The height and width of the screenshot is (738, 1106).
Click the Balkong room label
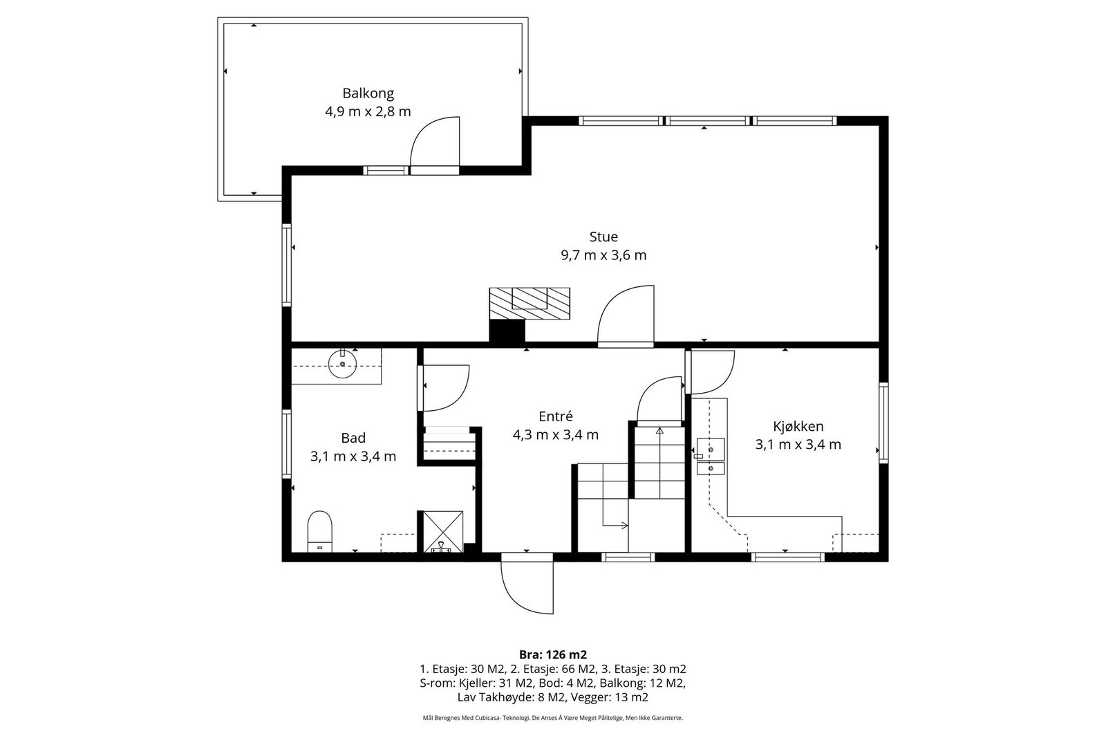coord(368,93)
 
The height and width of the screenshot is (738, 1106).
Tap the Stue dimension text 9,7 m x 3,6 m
coord(603,255)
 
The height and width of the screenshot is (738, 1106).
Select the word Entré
coord(556,416)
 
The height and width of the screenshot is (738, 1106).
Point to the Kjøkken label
coord(798,426)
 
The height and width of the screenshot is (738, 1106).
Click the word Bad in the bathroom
coord(353,438)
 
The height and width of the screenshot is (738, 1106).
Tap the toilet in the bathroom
coord(320,531)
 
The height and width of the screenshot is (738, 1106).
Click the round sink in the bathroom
coord(343,364)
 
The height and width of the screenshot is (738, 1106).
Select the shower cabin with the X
coord(440,531)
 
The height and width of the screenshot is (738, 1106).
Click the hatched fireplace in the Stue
coord(529,304)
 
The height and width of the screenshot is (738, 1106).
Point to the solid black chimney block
coord(507,331)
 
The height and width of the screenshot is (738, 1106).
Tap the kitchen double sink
coord(711,456)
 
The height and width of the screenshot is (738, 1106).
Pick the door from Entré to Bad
coord(443,388)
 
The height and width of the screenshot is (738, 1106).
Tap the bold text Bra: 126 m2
coord(553,655)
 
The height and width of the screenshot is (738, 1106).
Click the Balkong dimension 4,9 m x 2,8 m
coord(368,111)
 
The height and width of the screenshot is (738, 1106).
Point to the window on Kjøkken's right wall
coord(883,423)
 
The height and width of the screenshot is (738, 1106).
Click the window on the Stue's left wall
coord(286,265)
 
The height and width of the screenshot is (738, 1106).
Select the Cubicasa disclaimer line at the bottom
coord(553,718)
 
